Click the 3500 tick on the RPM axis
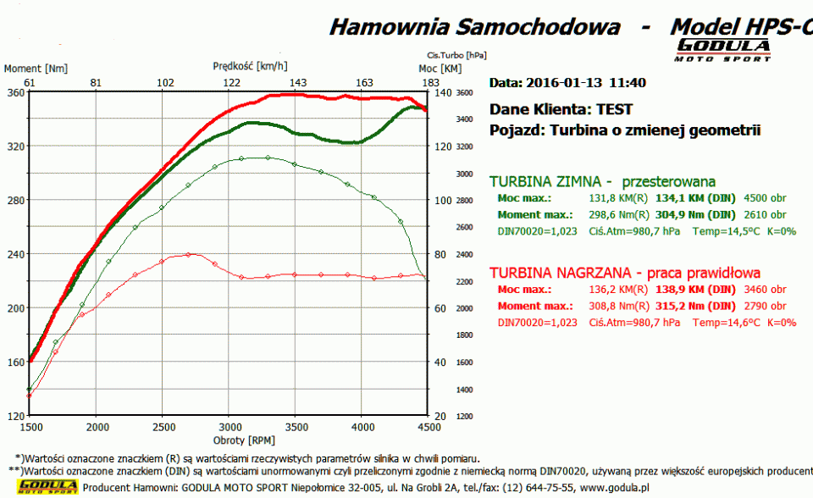click(x=296, y=428)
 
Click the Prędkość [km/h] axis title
click(x=250, y=65)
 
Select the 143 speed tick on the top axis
click(x=298, y=82)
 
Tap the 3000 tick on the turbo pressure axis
click(x=464, y=174)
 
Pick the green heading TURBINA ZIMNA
click(x=550, y=181)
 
